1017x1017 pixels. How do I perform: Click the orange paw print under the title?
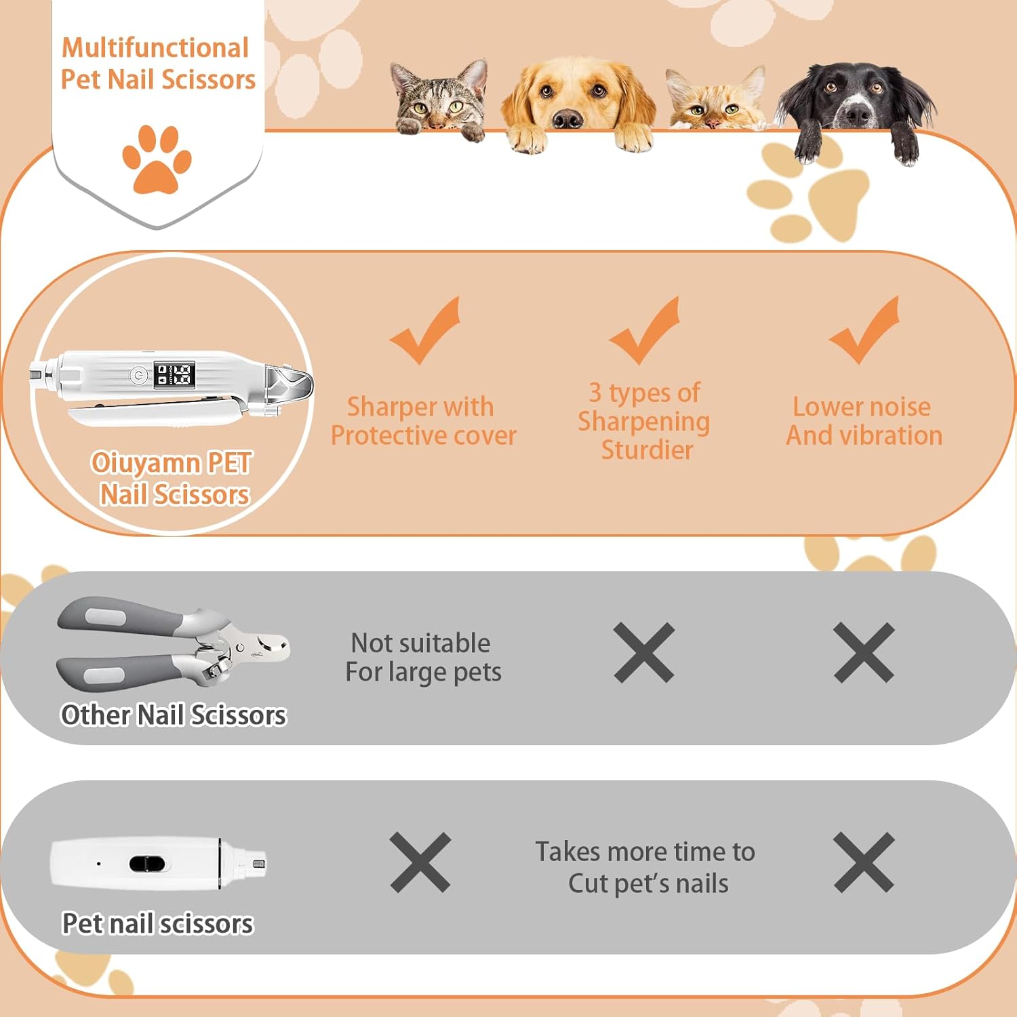point(157,159)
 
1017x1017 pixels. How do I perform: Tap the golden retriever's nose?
point(567,119)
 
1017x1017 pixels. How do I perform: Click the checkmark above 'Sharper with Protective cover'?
point(425,330)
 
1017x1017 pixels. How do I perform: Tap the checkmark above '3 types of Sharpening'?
point(644,330)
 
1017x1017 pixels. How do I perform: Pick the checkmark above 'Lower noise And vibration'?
point(864,330)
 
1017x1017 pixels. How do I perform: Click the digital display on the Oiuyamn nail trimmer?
point(175,375)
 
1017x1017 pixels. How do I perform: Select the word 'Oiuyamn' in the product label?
point(146,463)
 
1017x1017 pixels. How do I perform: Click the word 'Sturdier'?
point(647,450)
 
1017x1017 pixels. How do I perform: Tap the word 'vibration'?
point(892,435)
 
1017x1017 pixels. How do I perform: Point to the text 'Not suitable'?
point(420,643)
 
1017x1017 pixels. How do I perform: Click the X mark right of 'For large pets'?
point(644,652)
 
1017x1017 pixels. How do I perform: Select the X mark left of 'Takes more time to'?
point(420,862)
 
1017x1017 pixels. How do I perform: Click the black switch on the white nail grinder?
point(147,864)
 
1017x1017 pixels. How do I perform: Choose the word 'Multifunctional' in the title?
point(155,47)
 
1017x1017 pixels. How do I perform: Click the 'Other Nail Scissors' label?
point(174,715)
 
